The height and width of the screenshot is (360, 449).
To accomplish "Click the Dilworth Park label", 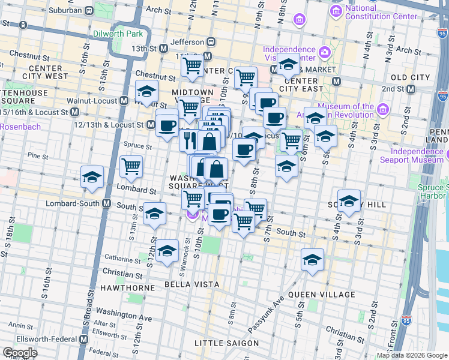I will click(x=118, y=34).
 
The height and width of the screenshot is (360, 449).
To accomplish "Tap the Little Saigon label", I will click(x=226, y=343).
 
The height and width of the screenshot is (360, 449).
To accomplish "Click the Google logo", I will click(x=20, y=353).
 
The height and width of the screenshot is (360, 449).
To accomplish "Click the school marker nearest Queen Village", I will click(x=312, y=259).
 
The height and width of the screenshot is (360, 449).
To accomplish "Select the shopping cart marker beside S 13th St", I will click(x=131, y=166).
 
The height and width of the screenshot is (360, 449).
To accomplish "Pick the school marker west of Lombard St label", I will click(x=92, y=176).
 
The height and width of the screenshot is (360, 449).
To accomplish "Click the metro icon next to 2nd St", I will click(x=411, y=89).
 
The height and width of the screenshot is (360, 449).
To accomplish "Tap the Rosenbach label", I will click(x=20, y=127).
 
